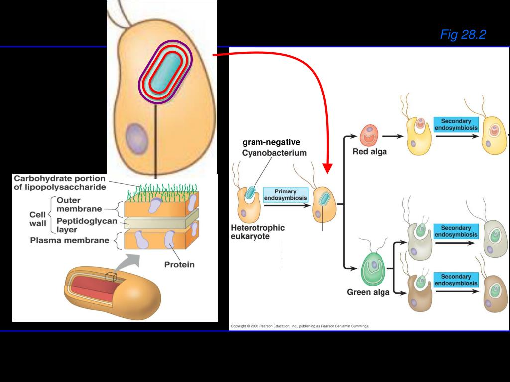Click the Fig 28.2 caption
(x=463, y=34)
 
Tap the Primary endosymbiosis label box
(x=285, y=194)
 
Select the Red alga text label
(x=369, y=152)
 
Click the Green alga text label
(x=368, y=292)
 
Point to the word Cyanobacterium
(x=274, y=153)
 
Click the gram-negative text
(x=271, y=143)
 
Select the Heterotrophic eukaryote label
(x=257, y=232)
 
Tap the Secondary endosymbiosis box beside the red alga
(x=456, y=124)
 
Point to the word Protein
(x=179, y=264)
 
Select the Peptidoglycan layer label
(x=79, y=225)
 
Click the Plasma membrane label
(x=70, y=241)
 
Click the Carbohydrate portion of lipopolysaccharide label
(x=60, y=183)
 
